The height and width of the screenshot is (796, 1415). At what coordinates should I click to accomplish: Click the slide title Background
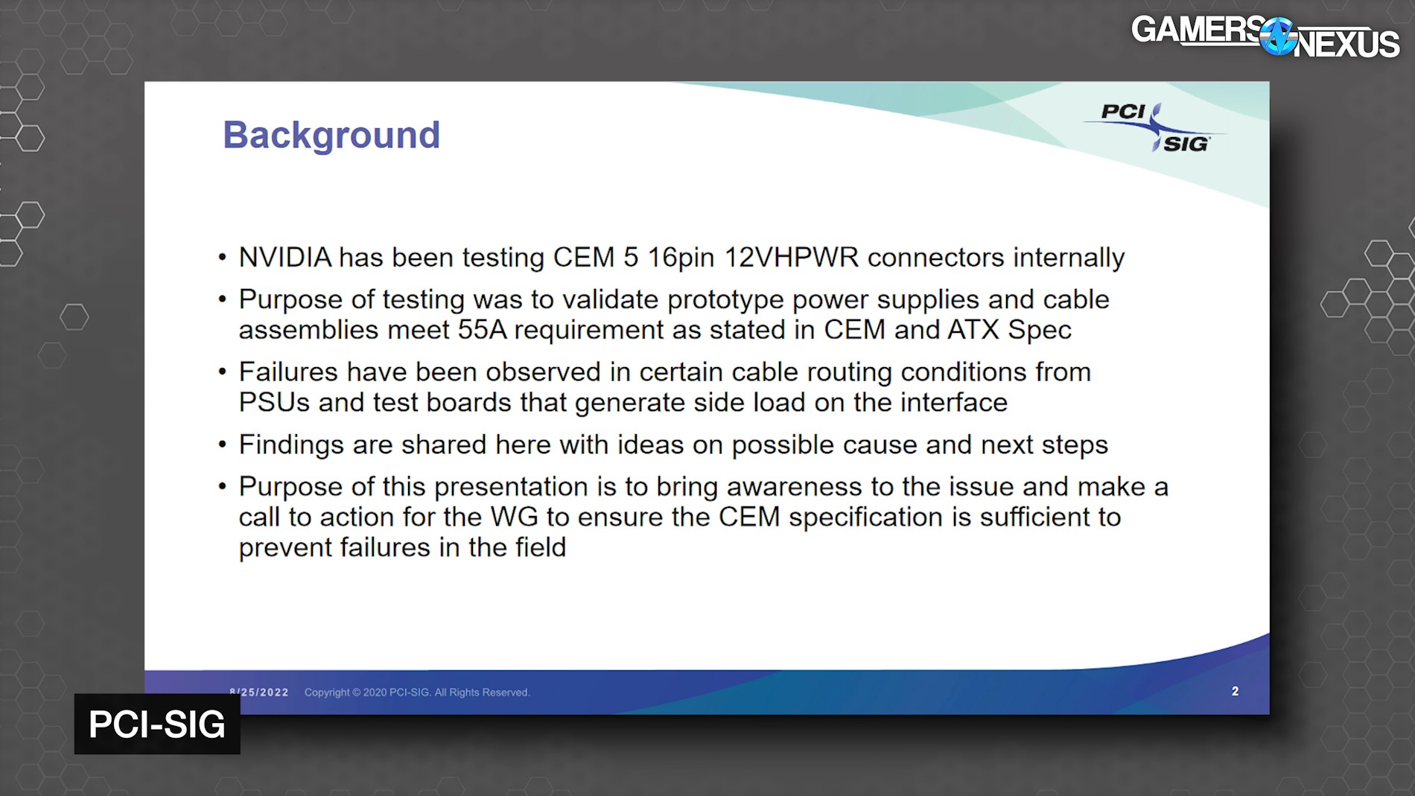(331, 136)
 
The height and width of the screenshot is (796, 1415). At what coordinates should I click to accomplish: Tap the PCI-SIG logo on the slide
(1154, 127)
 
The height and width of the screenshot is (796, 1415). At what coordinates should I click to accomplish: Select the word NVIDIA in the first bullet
(284, 258)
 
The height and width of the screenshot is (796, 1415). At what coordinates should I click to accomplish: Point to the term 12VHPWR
(791, 258)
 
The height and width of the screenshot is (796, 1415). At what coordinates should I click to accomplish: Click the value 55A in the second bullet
(482, 330)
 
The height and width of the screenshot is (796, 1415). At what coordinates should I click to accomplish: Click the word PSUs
(273, 402)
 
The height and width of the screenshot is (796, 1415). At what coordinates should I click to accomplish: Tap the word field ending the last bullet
(540, 547)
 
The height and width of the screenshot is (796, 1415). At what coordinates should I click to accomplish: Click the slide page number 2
(1235, 691)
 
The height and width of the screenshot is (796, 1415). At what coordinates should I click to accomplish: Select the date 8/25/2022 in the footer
(259, 692)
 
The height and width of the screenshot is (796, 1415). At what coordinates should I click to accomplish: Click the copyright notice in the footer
(417, 692)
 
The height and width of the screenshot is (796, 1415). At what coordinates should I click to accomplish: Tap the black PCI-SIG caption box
(157, 725)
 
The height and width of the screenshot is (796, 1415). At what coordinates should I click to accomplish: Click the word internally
(1069, 258)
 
